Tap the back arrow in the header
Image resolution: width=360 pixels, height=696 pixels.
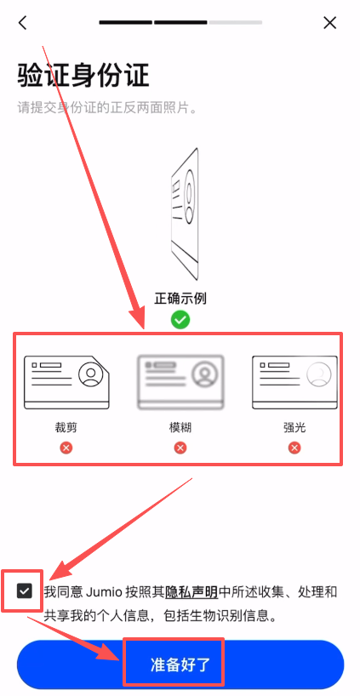click(x=23, y=23)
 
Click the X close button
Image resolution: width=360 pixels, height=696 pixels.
click(x=330, y=23)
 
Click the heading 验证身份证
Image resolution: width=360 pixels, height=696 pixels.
click(x=83, y=76)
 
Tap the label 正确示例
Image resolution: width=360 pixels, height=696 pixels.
click(x=180, y=299)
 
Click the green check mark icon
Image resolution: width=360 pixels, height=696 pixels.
click(x=180, y=320)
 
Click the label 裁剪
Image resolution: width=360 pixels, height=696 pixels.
click(x=66, y=426)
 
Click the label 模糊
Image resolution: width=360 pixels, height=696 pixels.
click(x=180, y=426)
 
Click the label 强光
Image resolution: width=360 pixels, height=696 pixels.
click(x=294, y=426)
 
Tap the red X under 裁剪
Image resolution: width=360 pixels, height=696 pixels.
click(x=66, y=448)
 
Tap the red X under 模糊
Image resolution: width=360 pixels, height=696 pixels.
click(x=180, y=448)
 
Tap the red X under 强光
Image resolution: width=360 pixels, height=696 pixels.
click(x=294, y=448)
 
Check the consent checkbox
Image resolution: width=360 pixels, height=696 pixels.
click(x=25, y=590)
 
